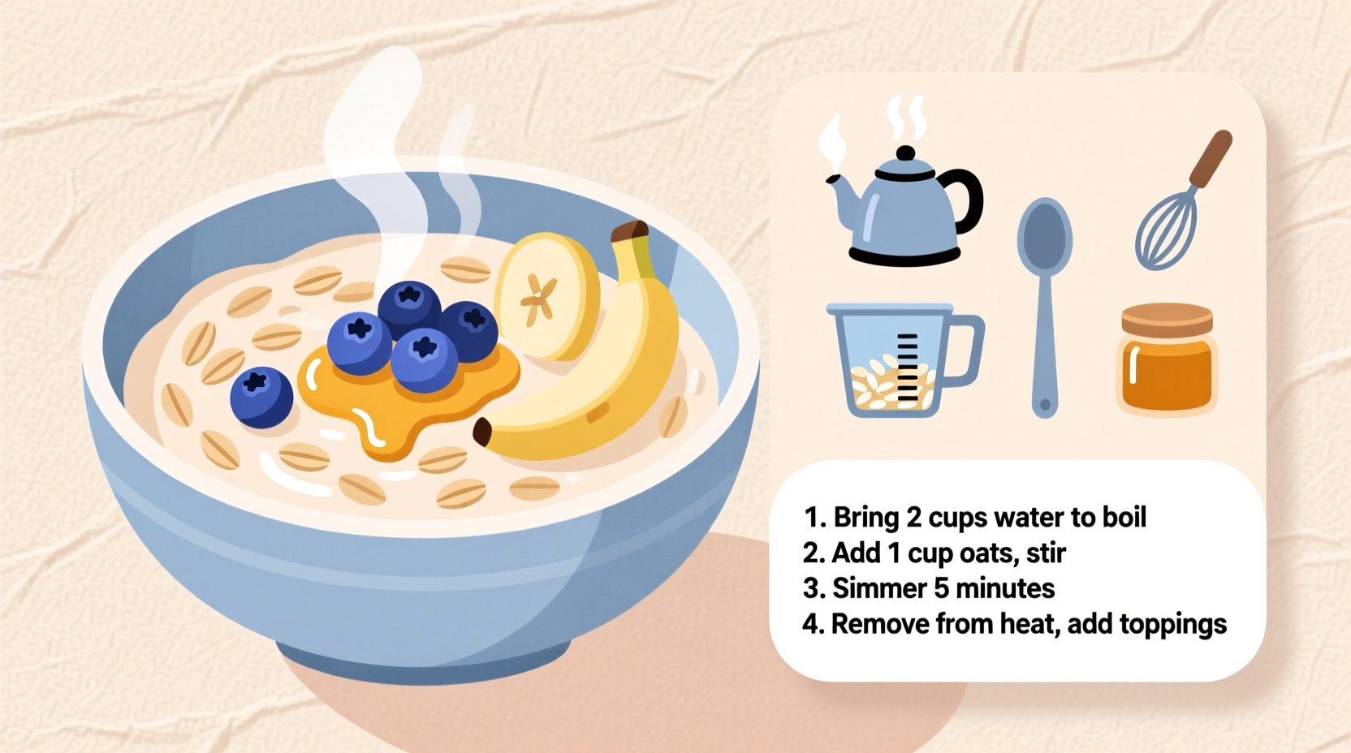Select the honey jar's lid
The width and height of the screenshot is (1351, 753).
click(x=1167, y=319)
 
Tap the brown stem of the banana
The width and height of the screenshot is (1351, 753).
click(x=631, y=232)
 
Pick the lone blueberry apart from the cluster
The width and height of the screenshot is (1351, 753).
click(x=261, y=397)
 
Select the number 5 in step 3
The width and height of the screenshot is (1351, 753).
click(x=941, y=588)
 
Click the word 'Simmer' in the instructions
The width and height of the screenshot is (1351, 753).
click(x=879, y=588)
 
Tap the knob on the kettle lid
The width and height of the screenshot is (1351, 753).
click(x=905, y=153)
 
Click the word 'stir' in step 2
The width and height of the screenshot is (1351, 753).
click(x=1046, y=553)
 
